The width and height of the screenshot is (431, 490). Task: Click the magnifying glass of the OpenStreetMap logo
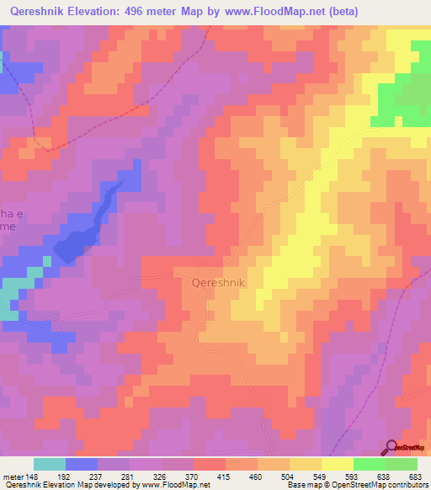pos(392,447)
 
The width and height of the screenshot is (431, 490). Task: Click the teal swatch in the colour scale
pos(49,464)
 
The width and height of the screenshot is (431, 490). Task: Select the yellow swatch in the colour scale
pos(337,464)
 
